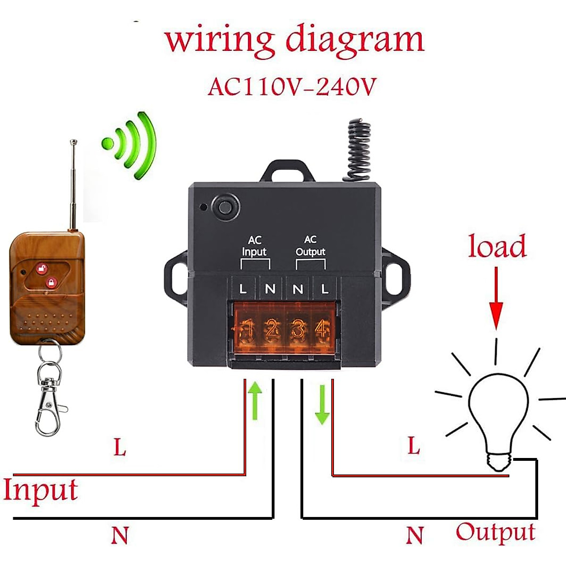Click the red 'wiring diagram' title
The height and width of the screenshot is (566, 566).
[294, 40]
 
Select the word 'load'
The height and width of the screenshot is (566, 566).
[497, 247]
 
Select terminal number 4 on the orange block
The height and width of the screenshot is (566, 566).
[322, 329]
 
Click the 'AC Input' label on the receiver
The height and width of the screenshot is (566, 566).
[254, 247]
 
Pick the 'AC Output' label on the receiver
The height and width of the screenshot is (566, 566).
[310, 246]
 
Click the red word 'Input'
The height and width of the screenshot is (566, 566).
[40, 491]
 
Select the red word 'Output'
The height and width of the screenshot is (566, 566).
[495, 532]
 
